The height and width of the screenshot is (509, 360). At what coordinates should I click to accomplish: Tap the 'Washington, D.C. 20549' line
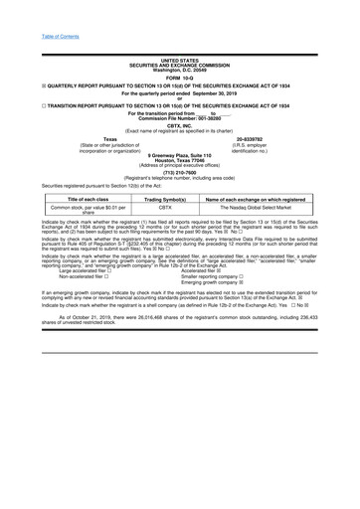pyautogui.click(x=179, y=70)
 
